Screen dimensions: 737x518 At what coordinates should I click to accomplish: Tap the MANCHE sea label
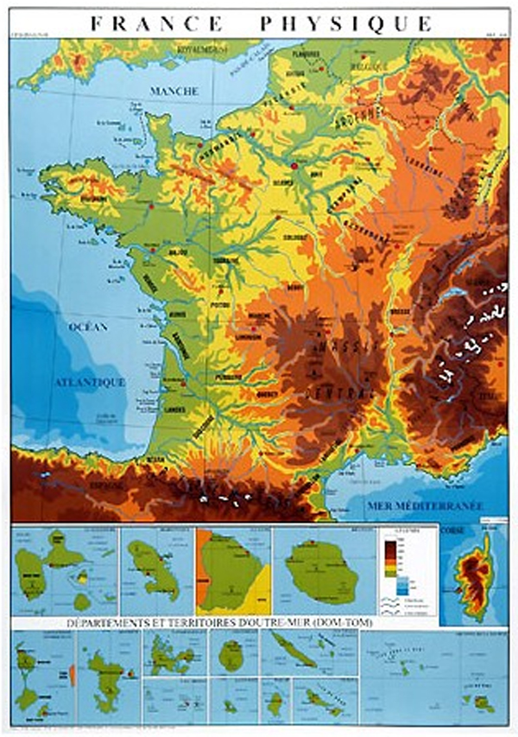tap(174, 91)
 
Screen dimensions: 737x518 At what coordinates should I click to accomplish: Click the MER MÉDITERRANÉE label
tap(423, 505)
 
